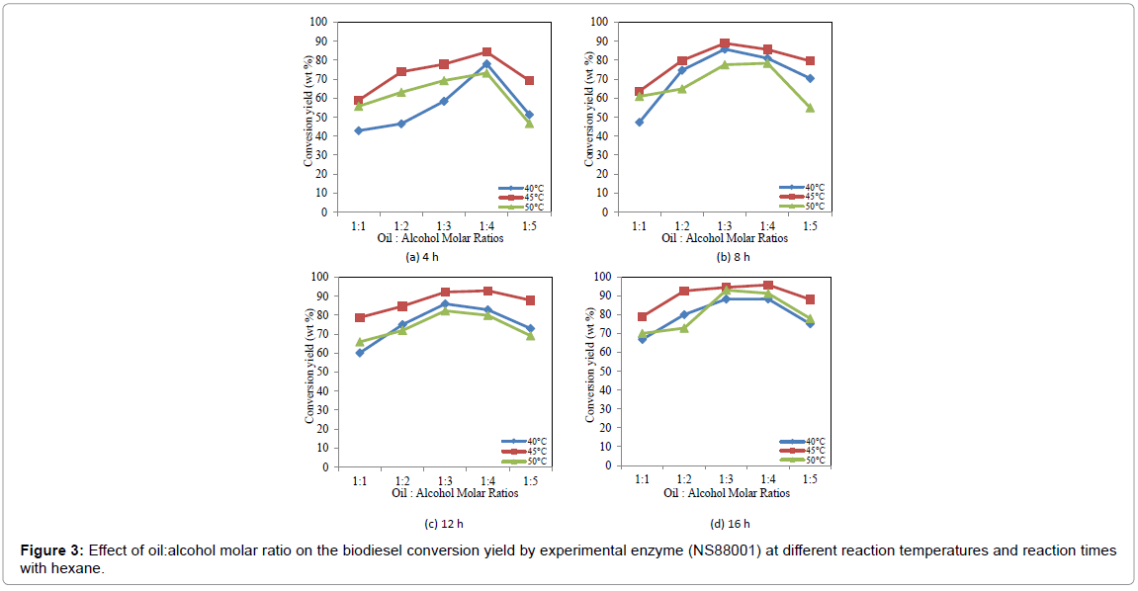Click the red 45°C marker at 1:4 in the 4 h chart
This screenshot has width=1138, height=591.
[x=486, y=51]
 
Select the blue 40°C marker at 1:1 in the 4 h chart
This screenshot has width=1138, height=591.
[x=358, y=130]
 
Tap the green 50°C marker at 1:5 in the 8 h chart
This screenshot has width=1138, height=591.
[x=810, y=108]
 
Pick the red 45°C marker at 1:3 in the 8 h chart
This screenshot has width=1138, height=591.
[x=725, y=43]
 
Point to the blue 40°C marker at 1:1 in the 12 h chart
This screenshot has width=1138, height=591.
[x=360, y=353]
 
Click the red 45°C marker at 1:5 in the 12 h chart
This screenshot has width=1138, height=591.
[x=531, y=300]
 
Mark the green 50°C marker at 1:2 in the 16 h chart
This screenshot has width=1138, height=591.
[x=684, y=328]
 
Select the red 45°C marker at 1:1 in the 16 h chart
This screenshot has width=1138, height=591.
[x=643, y=317]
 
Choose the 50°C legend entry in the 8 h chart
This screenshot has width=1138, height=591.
[x=802, y=207]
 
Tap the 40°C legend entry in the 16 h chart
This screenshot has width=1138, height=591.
[x=802, y=442]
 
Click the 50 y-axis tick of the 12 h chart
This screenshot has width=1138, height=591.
[x=321, y=372]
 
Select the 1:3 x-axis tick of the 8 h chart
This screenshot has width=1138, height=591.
[x=725, y=226]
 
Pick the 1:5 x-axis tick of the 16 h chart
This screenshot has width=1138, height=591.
[x=811, y=480]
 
